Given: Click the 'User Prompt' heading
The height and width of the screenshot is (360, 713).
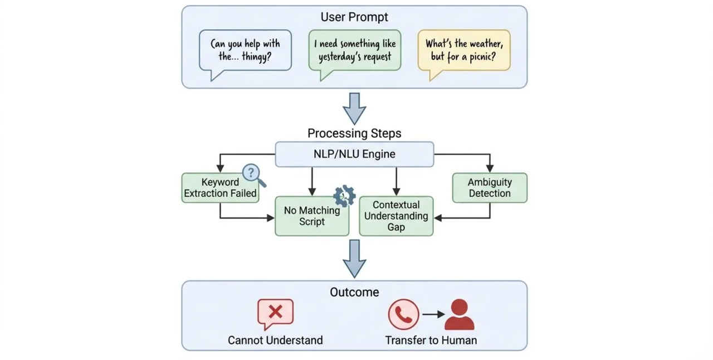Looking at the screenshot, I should (354, 17).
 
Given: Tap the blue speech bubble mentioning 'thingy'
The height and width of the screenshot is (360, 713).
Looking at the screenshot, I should (245, 50).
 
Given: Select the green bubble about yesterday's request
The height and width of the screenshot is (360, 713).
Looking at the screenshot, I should (355, 50).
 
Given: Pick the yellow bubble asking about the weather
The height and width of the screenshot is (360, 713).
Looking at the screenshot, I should (464, 50).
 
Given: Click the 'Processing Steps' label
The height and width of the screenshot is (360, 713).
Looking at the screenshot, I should (354, 134).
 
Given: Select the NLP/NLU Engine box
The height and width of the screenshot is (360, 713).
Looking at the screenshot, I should (354, 154).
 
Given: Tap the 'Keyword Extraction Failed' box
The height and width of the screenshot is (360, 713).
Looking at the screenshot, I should (220, 188).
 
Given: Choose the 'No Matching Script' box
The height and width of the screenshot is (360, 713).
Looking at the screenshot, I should (311, 216).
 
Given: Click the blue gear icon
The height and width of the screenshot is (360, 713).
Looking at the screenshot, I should (344, 196).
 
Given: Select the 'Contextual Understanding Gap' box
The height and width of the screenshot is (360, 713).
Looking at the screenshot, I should (396, 216).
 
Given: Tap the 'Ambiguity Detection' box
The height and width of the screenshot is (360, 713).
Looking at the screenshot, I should (489, 188).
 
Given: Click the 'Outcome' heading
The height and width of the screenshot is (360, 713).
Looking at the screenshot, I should (354, 292).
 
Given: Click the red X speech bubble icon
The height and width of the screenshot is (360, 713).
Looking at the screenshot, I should (275, 313).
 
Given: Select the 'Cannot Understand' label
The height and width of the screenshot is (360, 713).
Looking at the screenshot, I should (275, 340).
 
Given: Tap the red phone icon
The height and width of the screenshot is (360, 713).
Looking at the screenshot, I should (403, 314).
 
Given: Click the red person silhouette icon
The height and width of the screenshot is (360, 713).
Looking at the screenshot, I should (460, 315).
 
